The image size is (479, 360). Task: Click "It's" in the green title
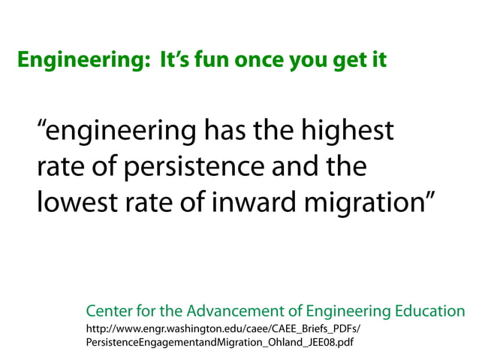pyautogui.click(x=175, y=59)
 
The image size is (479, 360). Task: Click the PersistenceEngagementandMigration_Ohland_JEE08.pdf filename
pyautogui.click(x=220, y=343)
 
